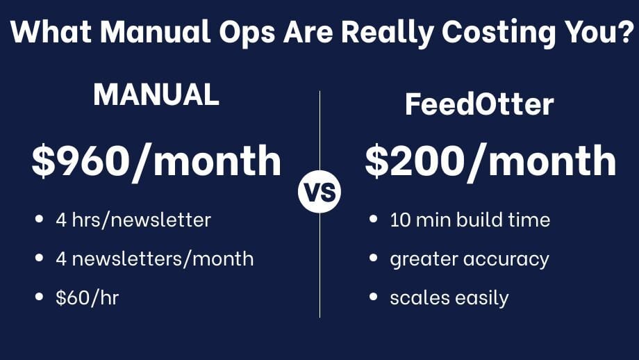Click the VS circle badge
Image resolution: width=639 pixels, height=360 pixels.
[319, 192]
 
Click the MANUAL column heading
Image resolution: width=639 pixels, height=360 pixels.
[156, 95]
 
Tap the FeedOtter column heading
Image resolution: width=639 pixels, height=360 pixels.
[479, 105]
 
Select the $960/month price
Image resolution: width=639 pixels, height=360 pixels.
[156, 161]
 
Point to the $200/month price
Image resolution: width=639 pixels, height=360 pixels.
[490, 161]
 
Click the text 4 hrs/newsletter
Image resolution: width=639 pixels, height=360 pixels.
[133, 220]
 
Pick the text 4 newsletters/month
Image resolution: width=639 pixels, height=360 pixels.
[154, 259]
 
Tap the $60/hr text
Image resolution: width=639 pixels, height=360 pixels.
[88, 298]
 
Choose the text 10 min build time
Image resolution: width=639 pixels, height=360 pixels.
[470, 220]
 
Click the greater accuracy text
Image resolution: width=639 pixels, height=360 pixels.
[469, 259]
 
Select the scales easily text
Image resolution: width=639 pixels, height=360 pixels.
[449, 298]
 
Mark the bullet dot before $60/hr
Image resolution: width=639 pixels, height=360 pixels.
[40, 297]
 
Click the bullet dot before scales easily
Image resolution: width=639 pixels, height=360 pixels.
[374, 297]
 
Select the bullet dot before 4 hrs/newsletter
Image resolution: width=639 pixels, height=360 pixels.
[40, 220]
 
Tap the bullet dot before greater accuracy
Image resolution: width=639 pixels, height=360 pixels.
[374, 259]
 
